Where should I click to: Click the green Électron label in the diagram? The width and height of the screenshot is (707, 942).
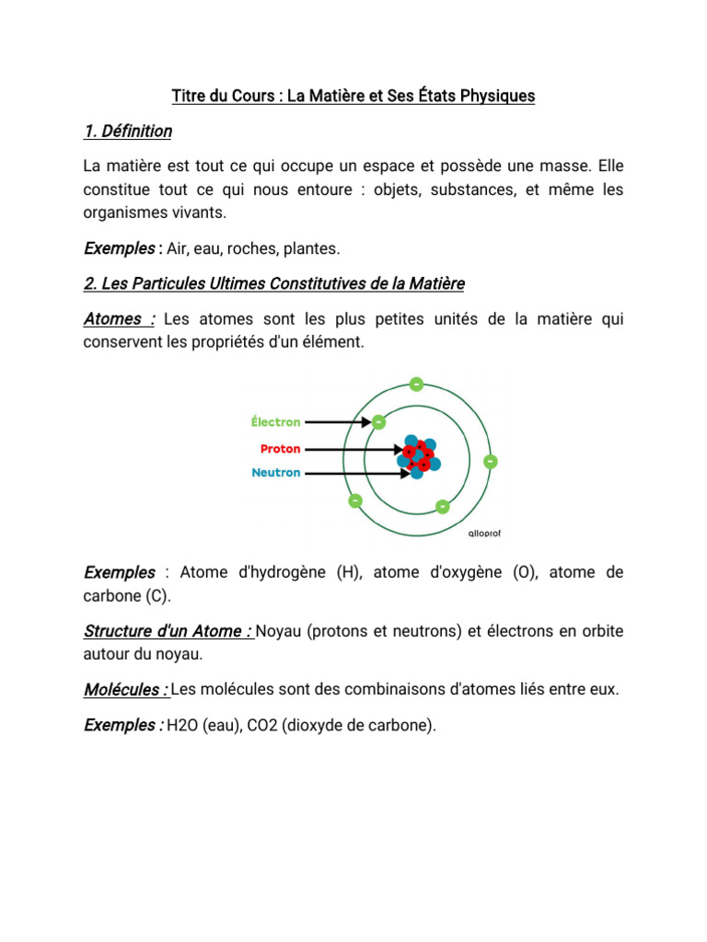click(275, 422)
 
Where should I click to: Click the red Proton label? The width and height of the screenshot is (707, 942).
click(280, 449)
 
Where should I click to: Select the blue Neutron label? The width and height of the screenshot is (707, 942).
click(276, 473)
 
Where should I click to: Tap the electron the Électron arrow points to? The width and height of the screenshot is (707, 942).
click(378, 422)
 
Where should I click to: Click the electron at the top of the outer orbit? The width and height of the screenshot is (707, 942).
click(417, 383)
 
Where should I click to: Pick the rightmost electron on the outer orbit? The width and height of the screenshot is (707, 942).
click(490, 460)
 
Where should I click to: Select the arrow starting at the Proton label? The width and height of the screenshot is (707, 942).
click(353, 450)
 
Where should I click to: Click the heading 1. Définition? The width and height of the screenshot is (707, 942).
click(127, 132)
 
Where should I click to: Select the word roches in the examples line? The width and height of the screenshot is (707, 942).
click(251, 248)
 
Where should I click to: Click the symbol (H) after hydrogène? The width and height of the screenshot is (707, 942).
click(349, 572)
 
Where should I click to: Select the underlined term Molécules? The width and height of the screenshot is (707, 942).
click(125, 690)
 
